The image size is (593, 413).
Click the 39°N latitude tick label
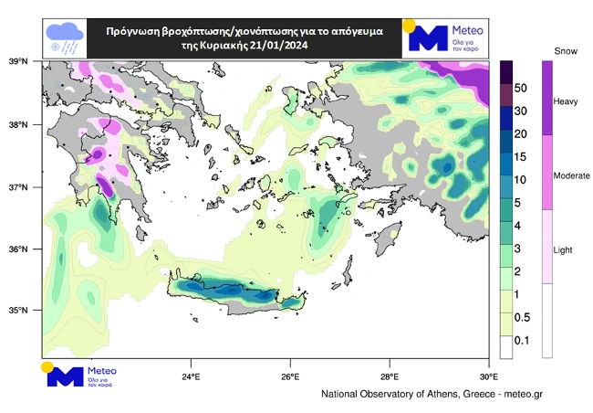tap(19, 62)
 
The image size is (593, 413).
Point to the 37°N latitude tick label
tap(19, 187)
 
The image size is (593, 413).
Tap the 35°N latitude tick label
tap(19, 311)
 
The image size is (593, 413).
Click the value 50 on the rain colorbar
tap(521, 89)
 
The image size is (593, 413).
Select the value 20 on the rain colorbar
tap(521, 134)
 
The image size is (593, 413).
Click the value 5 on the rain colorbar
tap(518, 203)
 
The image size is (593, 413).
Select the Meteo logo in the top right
tap(446, 36)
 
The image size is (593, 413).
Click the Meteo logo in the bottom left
tap(79, 375)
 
